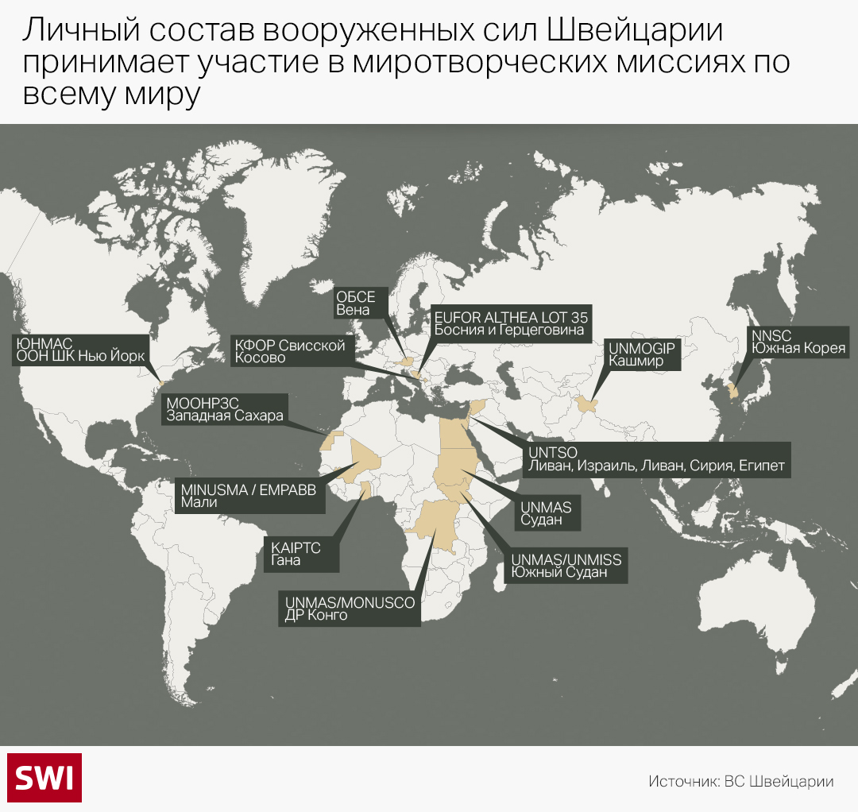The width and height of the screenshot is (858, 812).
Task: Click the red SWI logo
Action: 44,777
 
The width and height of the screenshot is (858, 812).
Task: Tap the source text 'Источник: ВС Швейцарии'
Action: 740,781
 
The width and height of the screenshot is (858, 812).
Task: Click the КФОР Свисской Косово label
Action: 289,351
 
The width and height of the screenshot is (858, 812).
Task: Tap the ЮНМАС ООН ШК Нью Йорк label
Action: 79,350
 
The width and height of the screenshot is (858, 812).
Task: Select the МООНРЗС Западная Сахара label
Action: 224,409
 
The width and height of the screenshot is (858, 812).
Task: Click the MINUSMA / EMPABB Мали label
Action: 248,496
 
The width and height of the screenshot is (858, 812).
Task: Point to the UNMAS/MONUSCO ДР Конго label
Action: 350,609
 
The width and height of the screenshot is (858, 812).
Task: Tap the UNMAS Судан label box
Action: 550,512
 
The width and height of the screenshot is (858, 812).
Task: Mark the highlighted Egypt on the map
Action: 454,429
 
